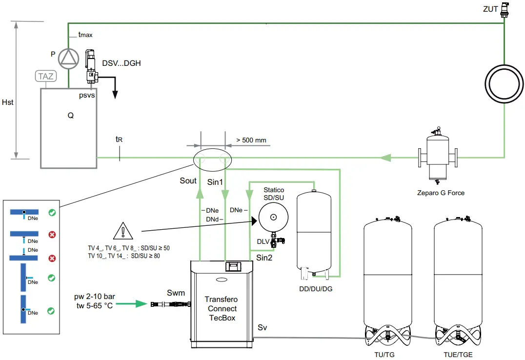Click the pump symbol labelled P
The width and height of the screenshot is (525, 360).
pos(68,58)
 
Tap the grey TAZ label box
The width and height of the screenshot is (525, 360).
pos(46,76)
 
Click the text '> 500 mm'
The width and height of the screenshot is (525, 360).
pos(251,140)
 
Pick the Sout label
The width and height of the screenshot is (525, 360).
pos(188,180)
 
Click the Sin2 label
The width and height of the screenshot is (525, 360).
pos(264,258)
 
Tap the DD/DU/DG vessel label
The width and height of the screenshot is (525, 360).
pos(316,289)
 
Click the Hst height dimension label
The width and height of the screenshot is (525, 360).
pos(8,102)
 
